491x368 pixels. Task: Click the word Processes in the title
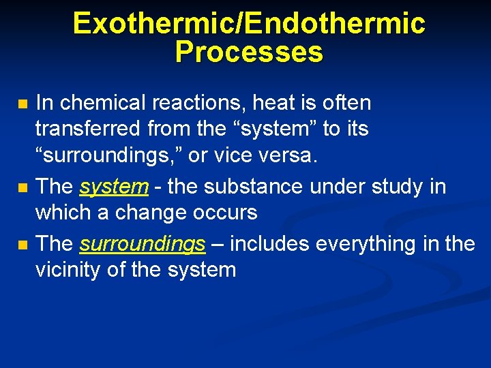point(249,52)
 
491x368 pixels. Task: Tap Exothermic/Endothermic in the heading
point(249,23)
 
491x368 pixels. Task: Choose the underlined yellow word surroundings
point(143,244)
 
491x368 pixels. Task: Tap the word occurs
point(224,213)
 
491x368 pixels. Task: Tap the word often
point(344,103)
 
